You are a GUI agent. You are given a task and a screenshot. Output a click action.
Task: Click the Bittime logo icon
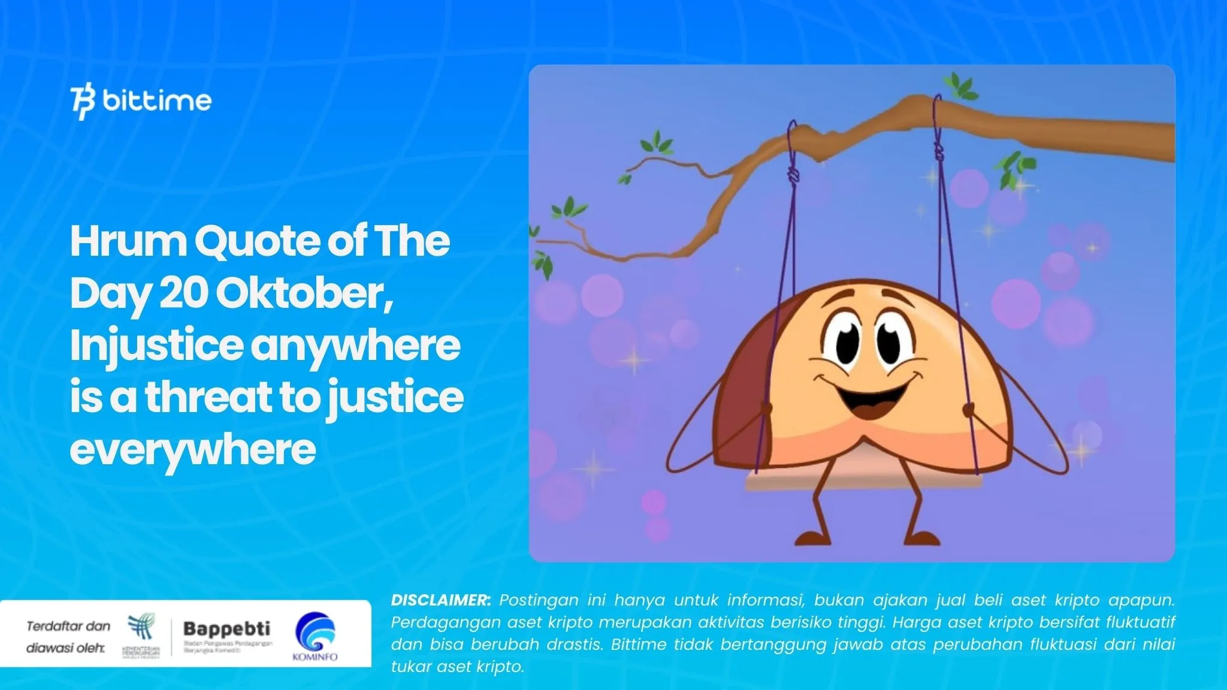(83, 102)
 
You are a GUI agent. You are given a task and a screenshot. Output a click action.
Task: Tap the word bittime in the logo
(157, 101)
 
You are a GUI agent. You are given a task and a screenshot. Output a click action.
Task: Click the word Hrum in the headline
(128, 241)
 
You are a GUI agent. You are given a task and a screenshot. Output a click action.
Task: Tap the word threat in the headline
(208, 398)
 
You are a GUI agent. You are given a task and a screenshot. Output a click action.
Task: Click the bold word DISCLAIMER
(441, 600)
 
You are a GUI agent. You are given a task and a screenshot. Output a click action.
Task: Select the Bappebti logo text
(226, 629)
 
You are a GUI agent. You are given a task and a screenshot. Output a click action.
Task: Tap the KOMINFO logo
(315, 637)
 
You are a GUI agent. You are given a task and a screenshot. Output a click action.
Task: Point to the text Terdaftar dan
(68, 627)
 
